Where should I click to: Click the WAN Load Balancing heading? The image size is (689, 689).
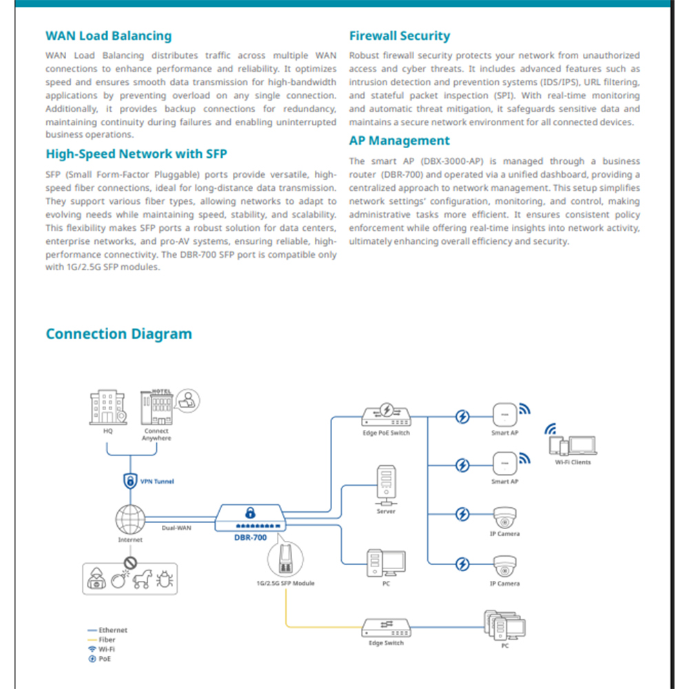[109, 36]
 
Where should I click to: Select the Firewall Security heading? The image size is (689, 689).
[400, 36]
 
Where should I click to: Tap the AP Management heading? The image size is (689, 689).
[400, 140]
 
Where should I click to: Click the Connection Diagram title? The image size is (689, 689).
[119, 333]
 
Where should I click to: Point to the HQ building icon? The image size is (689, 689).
[108, 407]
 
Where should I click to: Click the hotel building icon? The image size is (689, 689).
[156, 407]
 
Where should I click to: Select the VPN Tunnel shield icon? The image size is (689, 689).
[130, 481]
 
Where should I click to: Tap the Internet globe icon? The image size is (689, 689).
[130, 520]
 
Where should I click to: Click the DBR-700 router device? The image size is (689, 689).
[251, 517]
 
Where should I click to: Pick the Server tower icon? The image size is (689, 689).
[387, 485]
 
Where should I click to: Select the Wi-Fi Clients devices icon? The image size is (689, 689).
[573, 444]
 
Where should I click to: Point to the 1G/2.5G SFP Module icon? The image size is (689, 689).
[285, 559]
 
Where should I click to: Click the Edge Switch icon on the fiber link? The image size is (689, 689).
[387, 628]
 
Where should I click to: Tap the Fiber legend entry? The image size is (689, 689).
[101, 640]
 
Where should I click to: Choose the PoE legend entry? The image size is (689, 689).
[100, 659]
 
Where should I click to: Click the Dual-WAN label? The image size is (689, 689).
[176, 528]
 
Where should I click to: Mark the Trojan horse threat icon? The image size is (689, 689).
[143, 579]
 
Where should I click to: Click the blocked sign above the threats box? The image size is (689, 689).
[130, 562]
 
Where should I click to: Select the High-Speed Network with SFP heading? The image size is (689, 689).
[136, 154]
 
